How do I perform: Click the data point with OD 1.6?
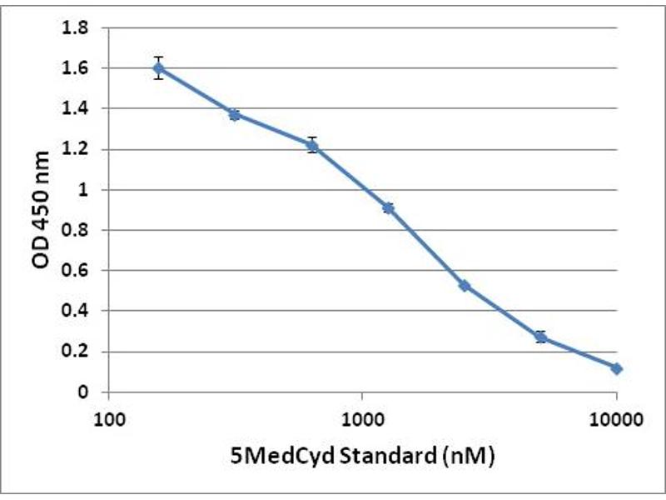coord(158,67)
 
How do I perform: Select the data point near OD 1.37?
coord(235,114)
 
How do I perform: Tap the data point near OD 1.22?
coord(311,145)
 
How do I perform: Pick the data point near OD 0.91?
coord(388,207)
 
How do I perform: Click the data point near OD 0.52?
coord(465,286)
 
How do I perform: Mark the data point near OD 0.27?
coord(540,337)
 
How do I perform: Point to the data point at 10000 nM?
coord(616,368)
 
